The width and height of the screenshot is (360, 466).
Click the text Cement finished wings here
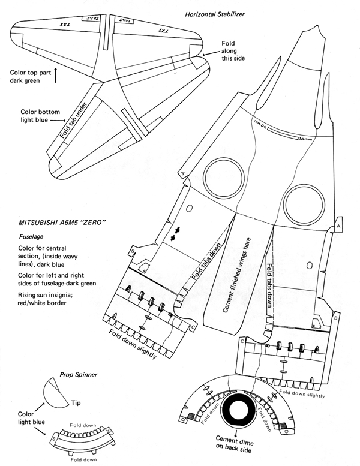[235, 274]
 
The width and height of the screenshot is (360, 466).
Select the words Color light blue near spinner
[24, 419]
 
